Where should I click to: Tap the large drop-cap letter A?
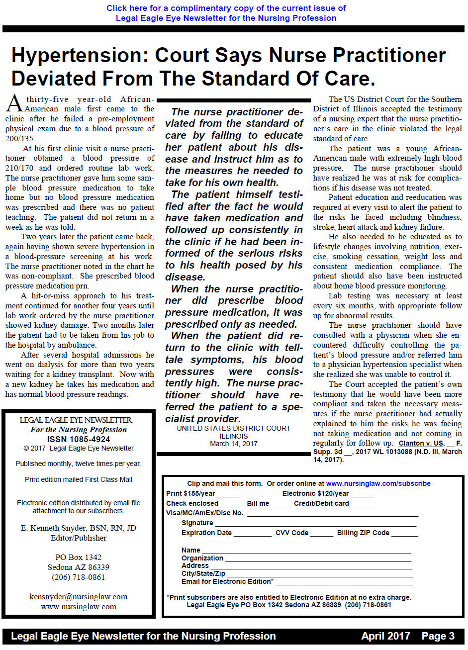[x=14, y=104]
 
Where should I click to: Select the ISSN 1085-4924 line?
[x=79, y=439]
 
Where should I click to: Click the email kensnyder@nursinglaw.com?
[x=79, y=597]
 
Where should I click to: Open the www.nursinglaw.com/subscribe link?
[x=378, y=483]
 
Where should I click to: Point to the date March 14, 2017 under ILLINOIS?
[x=234, y=444]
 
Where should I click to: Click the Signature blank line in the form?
[x=315, y=524]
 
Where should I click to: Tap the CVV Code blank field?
[x=322, y=534]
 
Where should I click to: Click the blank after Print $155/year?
[x=228, y=494]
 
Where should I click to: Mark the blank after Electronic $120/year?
[x=362, y=494]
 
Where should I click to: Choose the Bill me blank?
[x=281, y=504]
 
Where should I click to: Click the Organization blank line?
[x=318, y=559]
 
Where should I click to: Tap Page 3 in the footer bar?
[x=438, y=636]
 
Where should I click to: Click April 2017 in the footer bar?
[x=385, y=636]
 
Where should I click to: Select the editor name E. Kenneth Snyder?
[x=79, y=528]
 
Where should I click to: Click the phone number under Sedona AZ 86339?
[x=79, y=577]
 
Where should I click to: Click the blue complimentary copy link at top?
[x=226, y=13]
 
